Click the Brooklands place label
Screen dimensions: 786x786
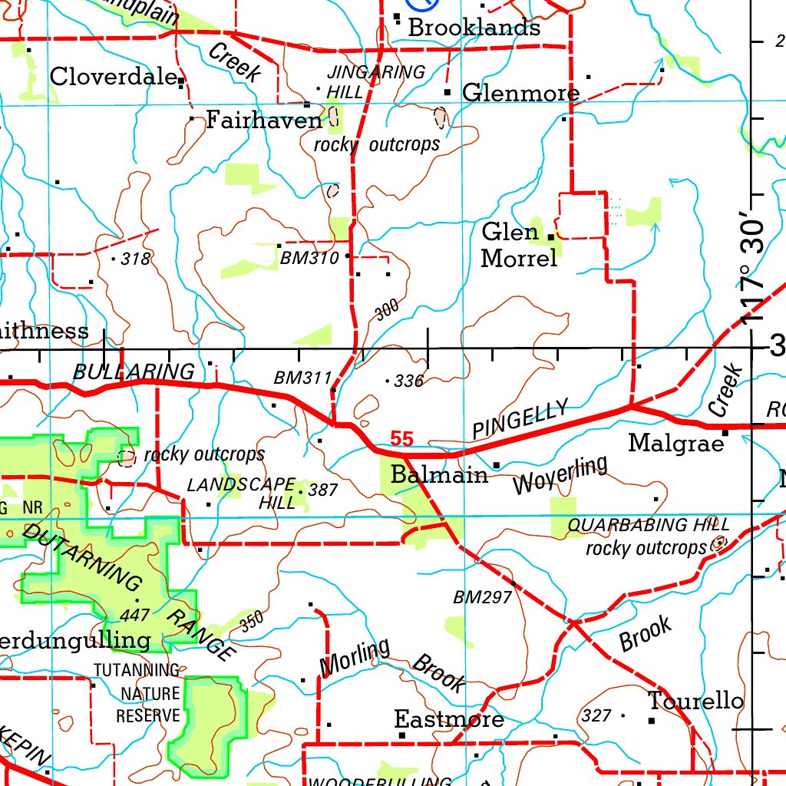point(474,28)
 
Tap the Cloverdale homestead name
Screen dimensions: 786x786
point(114,77)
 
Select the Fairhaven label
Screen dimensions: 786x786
point(264,121)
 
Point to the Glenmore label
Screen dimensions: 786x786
point(520,94)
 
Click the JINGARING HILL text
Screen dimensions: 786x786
point(375,81)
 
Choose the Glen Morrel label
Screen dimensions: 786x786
point(519,245)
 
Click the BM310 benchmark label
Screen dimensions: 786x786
point(309,259)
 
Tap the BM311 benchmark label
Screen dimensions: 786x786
point(302,378)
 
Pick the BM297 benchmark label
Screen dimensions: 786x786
point(482,597)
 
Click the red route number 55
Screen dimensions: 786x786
point(401,439)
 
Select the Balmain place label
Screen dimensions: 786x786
point(439,475)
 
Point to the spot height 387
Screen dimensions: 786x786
point(322,490)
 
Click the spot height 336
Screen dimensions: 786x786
point(408,381)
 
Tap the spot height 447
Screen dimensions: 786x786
point(134,615)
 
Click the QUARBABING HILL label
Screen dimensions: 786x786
point(649,526)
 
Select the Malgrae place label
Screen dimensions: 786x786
point(676,443)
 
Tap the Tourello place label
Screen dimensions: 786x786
point(695,701)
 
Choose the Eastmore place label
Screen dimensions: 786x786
point(449,719)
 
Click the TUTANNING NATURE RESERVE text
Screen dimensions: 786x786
point(137,693)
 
